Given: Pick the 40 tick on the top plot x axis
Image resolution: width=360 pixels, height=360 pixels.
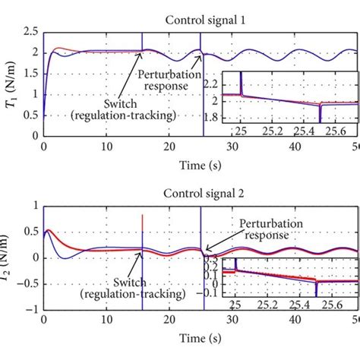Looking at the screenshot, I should click(292, 147).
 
